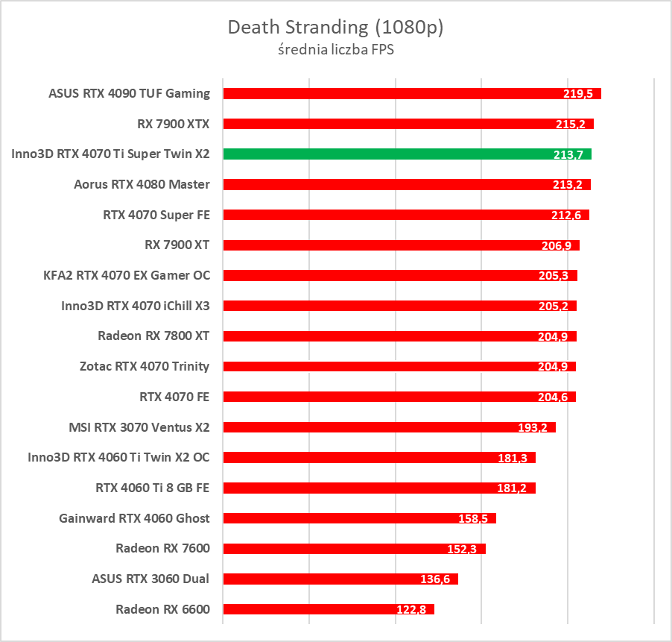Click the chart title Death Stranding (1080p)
pos(335,28)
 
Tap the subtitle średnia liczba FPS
pos(335,50)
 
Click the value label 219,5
pos(578,94)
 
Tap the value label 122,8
pos(411,610)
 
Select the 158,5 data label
pos(473,518)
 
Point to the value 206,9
pos(557,245)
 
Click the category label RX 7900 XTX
pos(173,124)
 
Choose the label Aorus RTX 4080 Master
pos(142,184)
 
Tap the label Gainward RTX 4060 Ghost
pos(134,518)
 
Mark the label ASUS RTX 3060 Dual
pos(150,579)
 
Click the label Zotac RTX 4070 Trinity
pos(145,366)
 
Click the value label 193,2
pos(533,428)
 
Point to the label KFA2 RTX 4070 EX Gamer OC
pos(127,275)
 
